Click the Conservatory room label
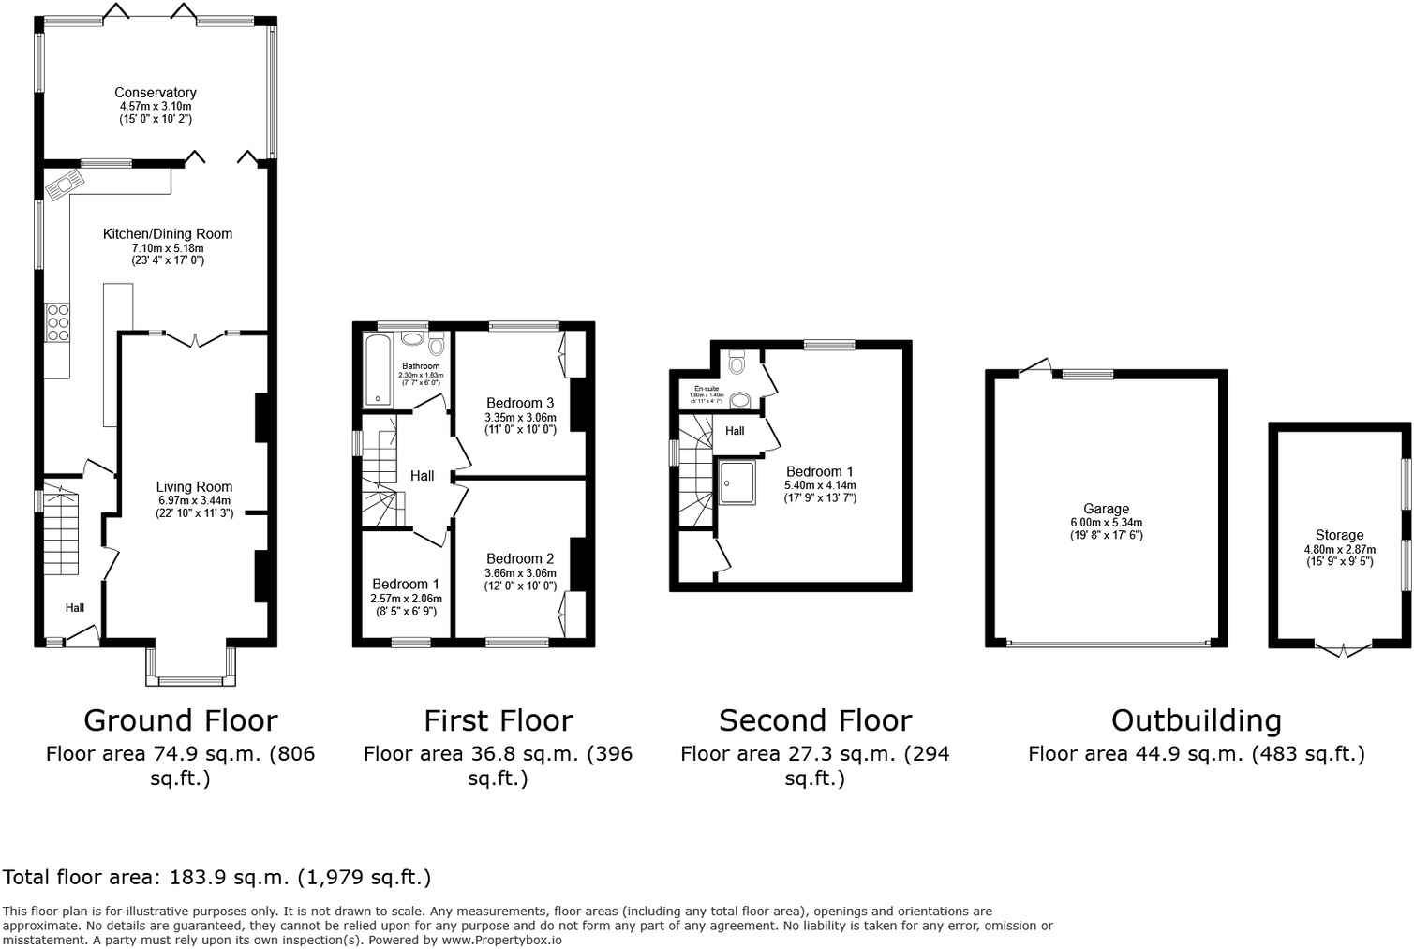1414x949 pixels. pyautogui.click(x=156, y=93)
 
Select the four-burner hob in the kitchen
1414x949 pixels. pyautogui.click(x=57, y=322)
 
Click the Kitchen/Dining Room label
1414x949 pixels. pyautogui.click(x=168, y=234)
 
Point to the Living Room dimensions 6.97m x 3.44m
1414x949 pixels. pyautogui.click(x=194, y=500)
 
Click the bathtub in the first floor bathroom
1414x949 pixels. pyautogui.click(x=378, y=370)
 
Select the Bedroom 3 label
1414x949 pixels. pyautogui.click(x=520, y=404)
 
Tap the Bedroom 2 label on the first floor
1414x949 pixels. pyautogui.click(x=520, y=559)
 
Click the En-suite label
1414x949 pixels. pyautogui.click(x=707, y=388)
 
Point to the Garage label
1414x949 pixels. pyautogui.click(x=1107, y=510)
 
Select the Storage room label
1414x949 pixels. pyautogui.click(x=1339, y=535)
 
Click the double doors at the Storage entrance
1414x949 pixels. pyautogui.click(x=1343, y=649)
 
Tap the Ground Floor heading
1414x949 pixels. pyautogui.click(x=181, y=720)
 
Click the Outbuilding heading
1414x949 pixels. pyautogui.click(x=1196, y=720)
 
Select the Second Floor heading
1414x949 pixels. pyautogui.click(x=815, y=720)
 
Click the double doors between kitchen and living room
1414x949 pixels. pyautogui.click(x=195, y=339)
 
